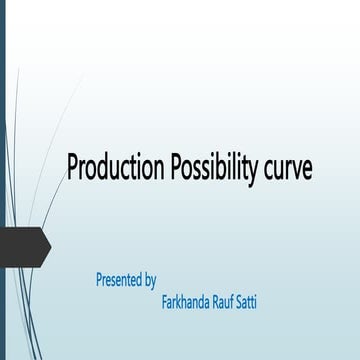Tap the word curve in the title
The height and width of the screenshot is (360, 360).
coord(288,169)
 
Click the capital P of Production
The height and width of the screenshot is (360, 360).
coord(71,167)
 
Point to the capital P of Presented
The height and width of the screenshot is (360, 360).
coord(99,280)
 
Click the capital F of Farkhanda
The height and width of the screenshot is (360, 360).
coord(165,300)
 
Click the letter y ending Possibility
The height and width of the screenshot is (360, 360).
coord(255,171)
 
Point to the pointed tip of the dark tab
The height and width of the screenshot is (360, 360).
coord(50,246)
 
